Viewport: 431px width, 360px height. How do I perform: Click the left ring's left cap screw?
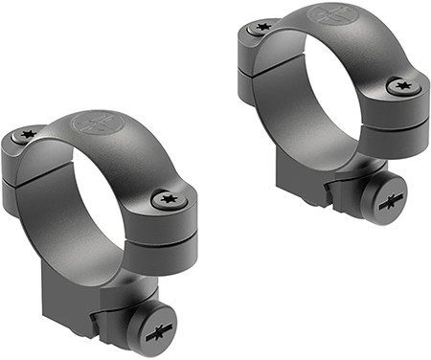(30, 134)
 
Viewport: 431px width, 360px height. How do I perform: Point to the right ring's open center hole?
(326, 91)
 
